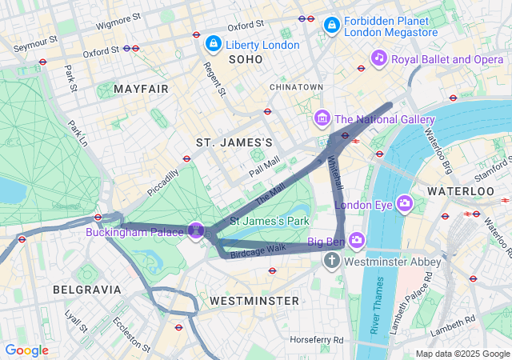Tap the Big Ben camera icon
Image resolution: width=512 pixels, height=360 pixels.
coord(356,240)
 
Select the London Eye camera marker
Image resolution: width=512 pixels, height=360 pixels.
coord(405,203)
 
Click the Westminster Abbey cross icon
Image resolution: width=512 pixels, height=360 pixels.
coord(333,262)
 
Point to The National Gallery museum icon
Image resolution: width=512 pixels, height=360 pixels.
coord(322,119)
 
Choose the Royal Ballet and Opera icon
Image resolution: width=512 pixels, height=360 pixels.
coord(378,58)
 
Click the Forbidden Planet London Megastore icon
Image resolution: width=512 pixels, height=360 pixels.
coord(330,26)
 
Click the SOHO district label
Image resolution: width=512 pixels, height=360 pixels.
coord(245,59)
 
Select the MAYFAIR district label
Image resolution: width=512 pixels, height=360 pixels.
coord(141,88)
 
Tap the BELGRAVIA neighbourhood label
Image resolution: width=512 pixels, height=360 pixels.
coord(86,289)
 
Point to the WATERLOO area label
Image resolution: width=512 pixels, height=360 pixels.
coord(460,192)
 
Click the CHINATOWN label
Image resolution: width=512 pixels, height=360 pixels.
coord(296,86)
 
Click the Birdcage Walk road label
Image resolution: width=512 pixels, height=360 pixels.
coord(258,251)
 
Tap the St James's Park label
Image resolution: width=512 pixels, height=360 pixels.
coord(270,220)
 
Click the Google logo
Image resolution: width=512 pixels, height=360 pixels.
coord(26,350)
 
